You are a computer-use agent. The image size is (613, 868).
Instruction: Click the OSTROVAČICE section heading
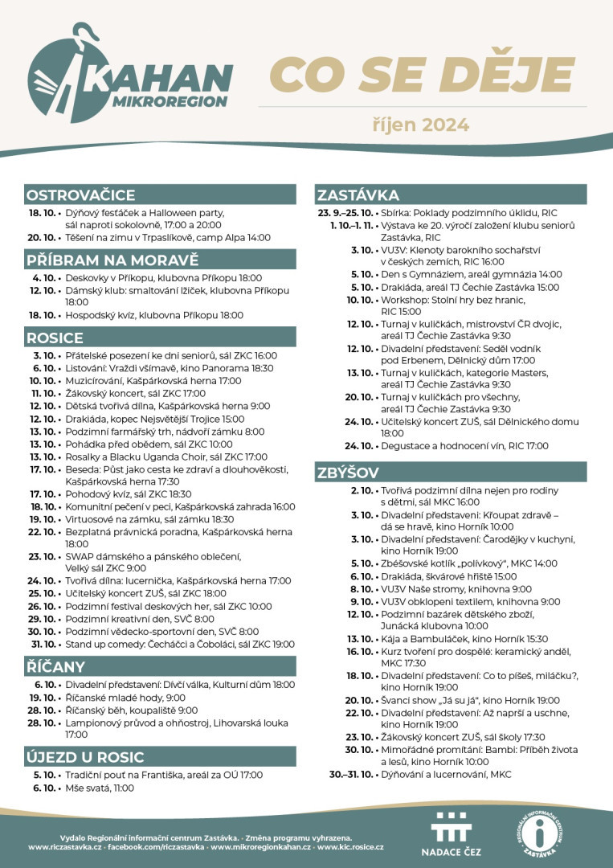tap(80, 195)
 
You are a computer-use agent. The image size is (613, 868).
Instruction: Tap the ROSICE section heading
tap(55, 338)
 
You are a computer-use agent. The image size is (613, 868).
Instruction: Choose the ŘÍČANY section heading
tap(55, 666)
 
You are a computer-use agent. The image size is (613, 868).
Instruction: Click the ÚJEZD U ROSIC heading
tap(85, 757)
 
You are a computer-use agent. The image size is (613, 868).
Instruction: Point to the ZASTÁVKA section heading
tap(358, 195)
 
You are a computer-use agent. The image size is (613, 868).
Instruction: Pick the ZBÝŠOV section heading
tap(348, 473)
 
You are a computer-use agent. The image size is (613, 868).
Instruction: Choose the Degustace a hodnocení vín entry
tap(464, 445)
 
